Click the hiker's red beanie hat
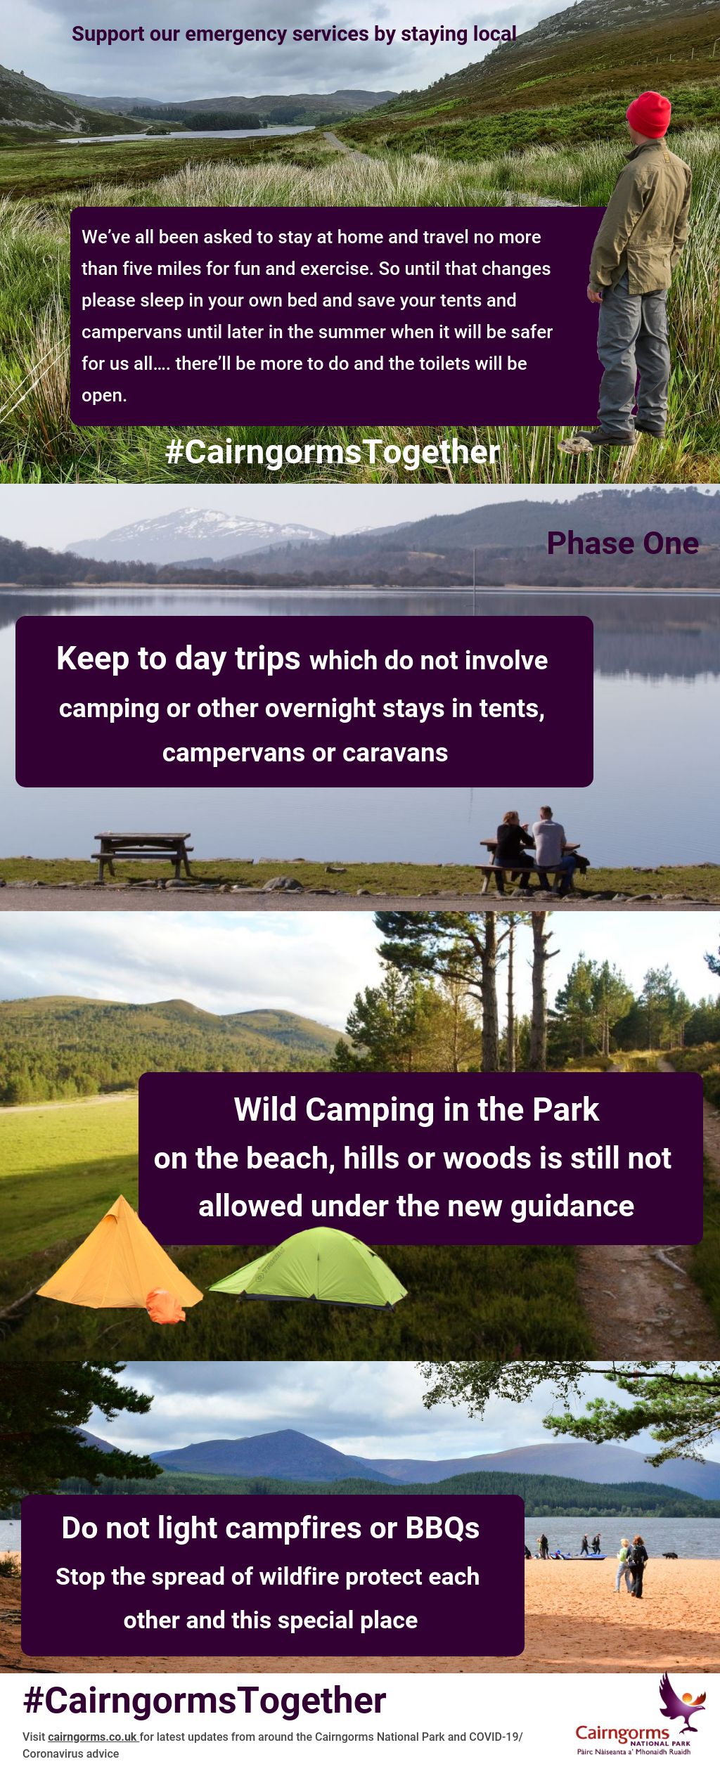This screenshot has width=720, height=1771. point(648,114)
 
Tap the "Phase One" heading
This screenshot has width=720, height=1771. point(623,543)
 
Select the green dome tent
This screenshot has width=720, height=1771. point(309,1267)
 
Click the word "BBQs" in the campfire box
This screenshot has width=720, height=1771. point(442,1528)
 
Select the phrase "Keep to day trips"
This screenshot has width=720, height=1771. point(179,659)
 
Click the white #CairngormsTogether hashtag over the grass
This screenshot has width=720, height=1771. point(333,452)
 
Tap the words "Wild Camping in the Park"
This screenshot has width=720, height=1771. point(416,1109)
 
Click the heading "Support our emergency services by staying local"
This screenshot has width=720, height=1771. point(294,34)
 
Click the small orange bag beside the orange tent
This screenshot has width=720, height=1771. point(166,1306)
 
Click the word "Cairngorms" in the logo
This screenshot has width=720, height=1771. point(622,1733)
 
